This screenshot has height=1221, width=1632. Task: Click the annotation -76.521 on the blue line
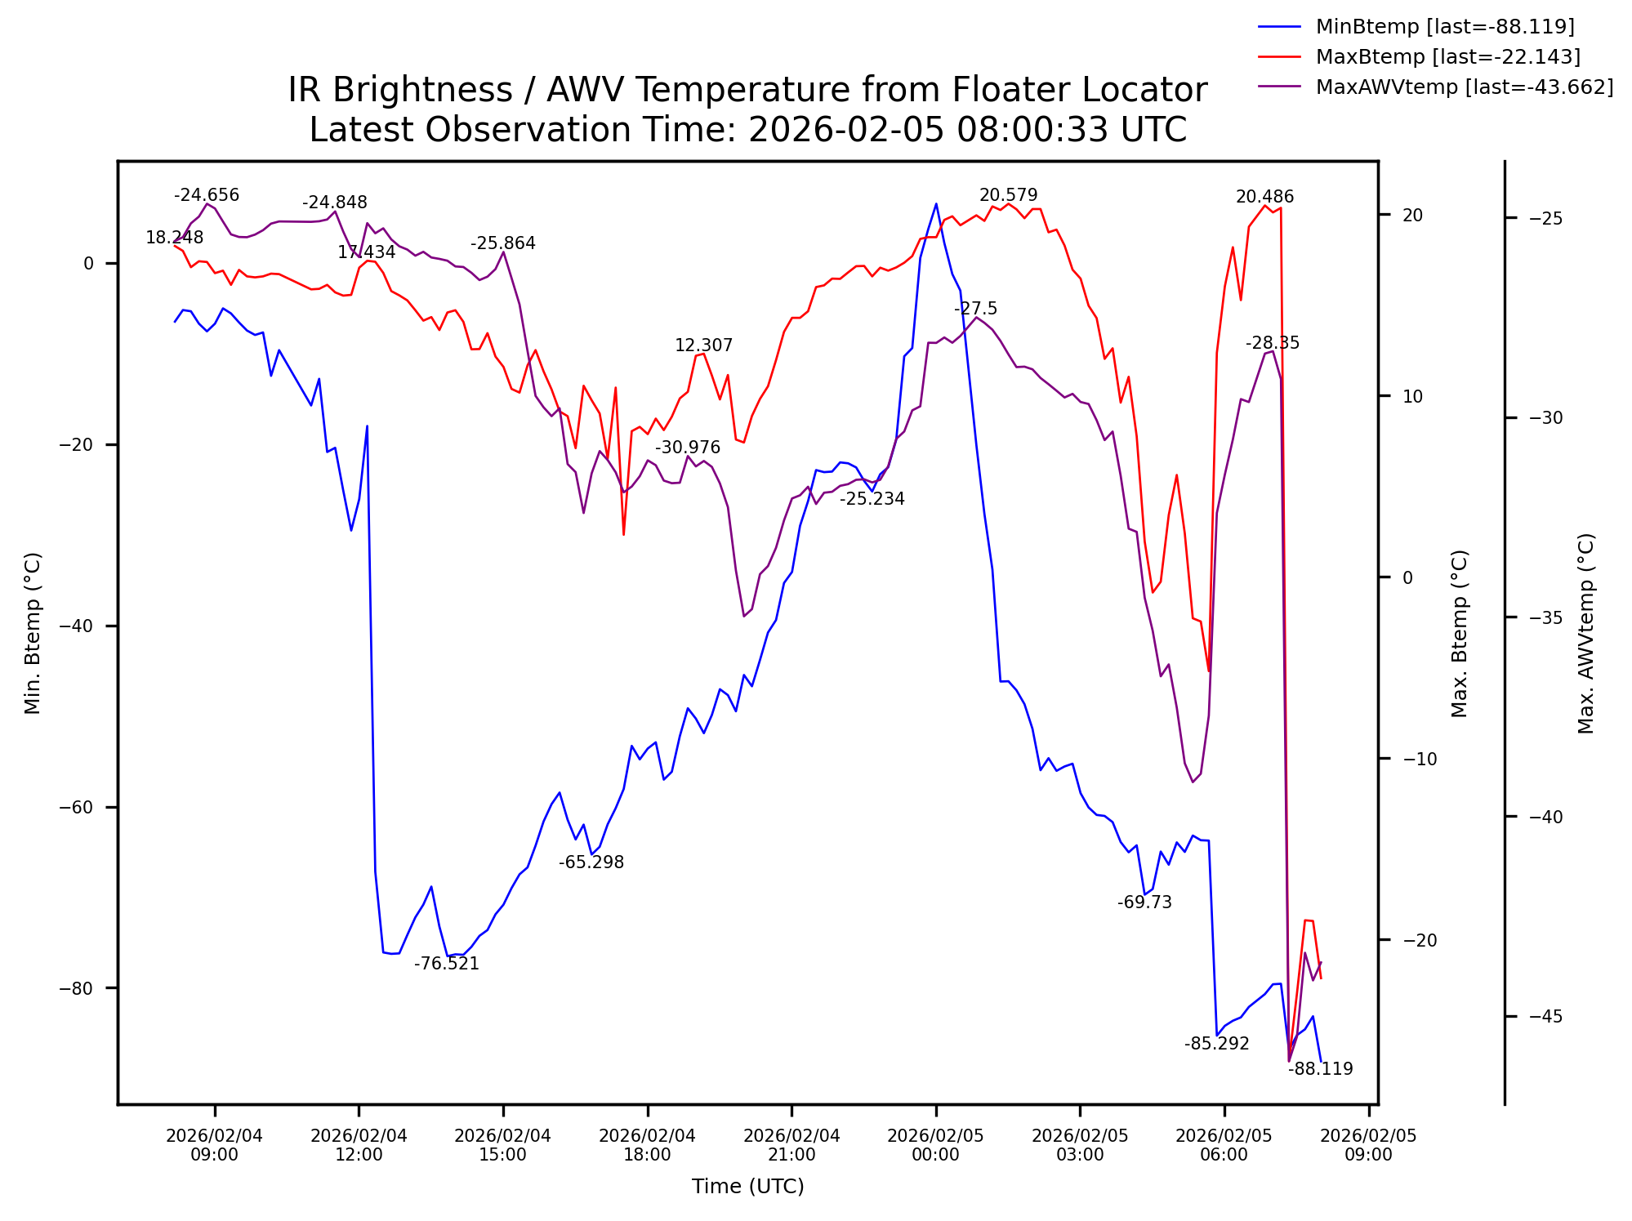click(x=446, y=964)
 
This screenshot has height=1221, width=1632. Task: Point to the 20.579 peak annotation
click(x=1008, y=195)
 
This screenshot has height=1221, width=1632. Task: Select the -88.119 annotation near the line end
click(x=1320, y=1069)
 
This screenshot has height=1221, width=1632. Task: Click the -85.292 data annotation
click(x=1216, y=1044)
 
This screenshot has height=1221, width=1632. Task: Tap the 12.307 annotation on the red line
click(x=703, y=345)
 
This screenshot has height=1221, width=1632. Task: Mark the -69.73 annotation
click(x=1144, y=902)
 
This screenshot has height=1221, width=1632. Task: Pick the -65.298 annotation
click(x=591, y=862)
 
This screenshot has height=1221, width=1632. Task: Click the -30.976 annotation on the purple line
click(x=688, y=448)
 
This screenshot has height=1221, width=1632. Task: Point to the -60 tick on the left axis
click(x=76, y=807)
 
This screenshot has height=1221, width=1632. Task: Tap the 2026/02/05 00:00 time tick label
click(x=935, y=1145)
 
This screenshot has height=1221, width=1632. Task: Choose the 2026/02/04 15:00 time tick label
click(x=502, y=1145)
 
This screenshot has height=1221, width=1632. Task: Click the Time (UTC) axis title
click(x=747, y=1187)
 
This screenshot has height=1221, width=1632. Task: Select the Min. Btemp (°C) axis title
click(x=33, y=633)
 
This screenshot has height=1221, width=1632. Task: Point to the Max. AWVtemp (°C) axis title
click(x=1585, y=633)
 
